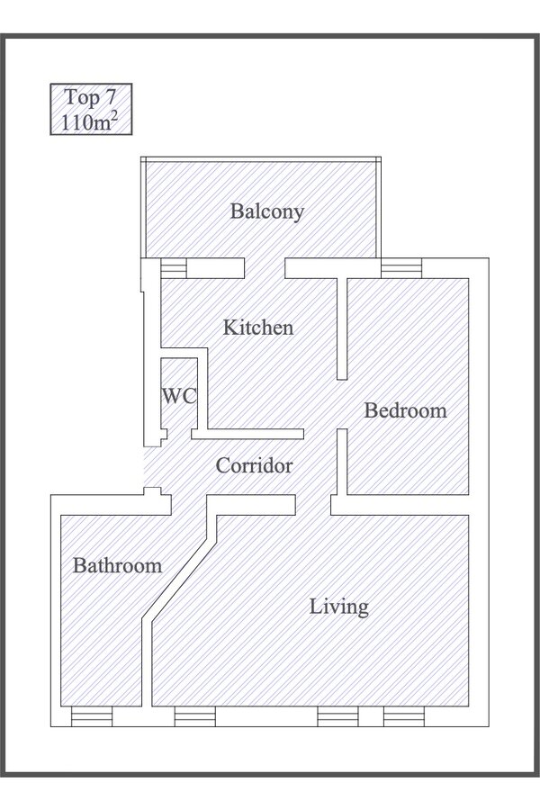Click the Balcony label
[x=266, y=211]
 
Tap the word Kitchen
[x=258, y=328]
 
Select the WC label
[x=179, y=396]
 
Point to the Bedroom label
[x=405, y=410]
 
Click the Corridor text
[x=254, y=466]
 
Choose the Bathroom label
[x=117, y=566]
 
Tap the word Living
[x=339, y=607]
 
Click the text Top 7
[x=90, y=97]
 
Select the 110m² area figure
[x=90, y=121]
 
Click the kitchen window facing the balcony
[x=174, y=268]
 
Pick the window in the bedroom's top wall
[x=401, y=268]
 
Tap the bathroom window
[x=92, y=716]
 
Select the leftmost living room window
[x=194, y=716]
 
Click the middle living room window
[x=337, y=716]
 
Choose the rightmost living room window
[x=403, y=716]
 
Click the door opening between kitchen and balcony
[x=265, y=268]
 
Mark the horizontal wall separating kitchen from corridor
[x=247, y=434]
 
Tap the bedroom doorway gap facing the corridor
[x=342, y=404]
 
